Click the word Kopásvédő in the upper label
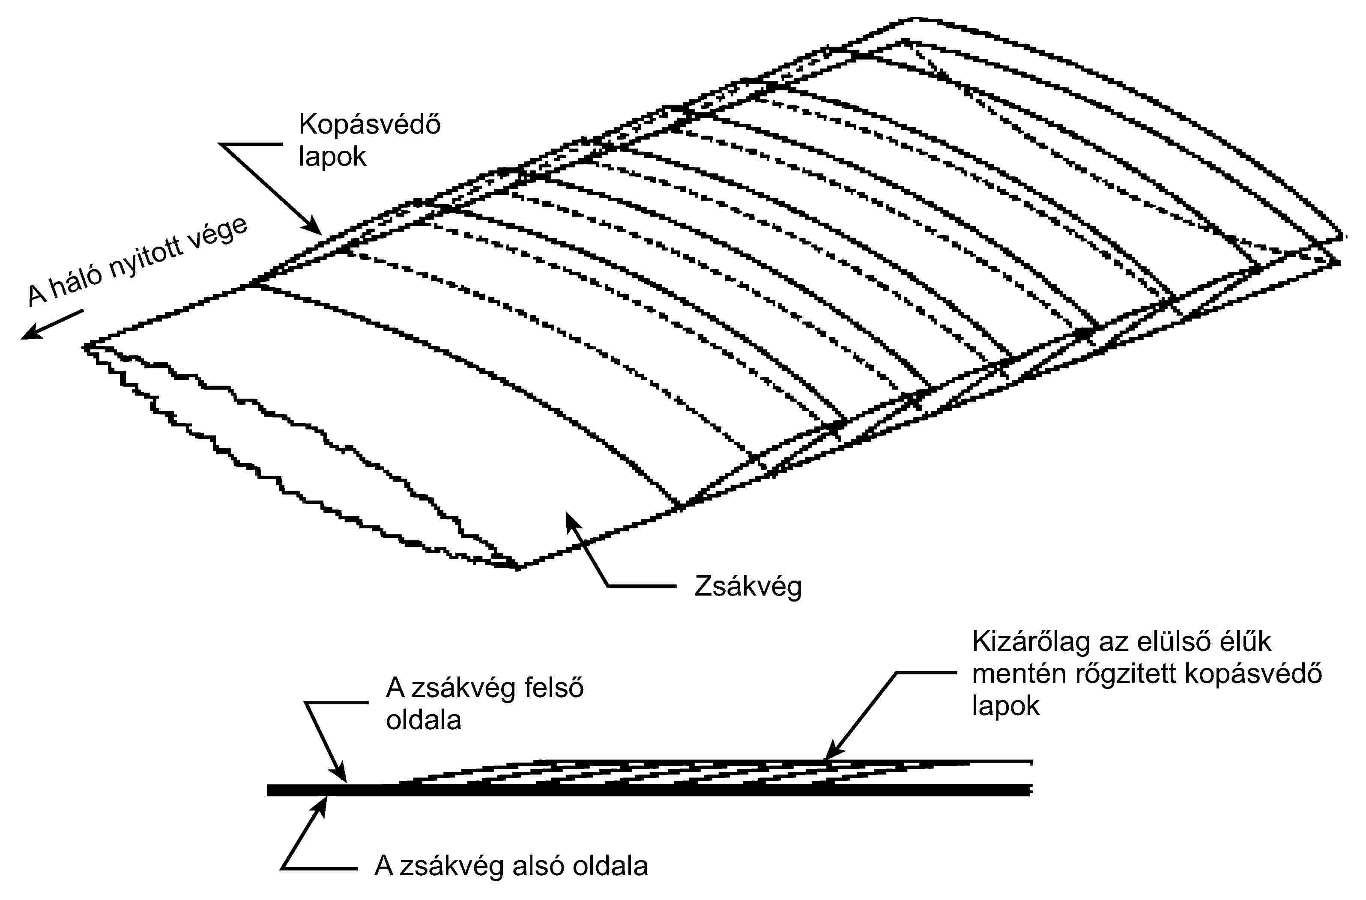tap(370, 125)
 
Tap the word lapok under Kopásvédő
tap(332, 157)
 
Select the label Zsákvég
tap(747, 587)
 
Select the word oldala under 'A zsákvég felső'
tap(423, 720)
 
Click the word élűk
tap(1250, 642)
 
